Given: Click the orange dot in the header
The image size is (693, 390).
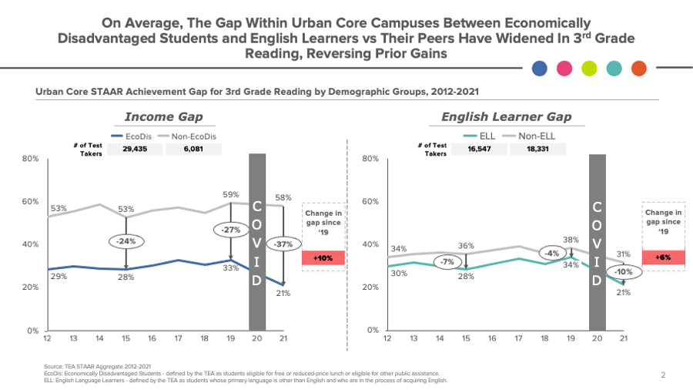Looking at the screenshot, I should (638, 69).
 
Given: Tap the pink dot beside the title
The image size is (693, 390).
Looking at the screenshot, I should (564, 69).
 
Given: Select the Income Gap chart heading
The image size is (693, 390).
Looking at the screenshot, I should (164, 117).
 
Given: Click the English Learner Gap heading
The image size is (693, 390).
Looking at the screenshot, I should (506, 117).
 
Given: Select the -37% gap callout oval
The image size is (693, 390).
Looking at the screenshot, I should (283, 244).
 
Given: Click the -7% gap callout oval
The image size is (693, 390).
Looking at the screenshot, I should (446, 262).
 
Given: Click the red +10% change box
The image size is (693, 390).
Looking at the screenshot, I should (323, 258).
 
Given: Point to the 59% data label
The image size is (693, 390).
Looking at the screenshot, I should (231, 194).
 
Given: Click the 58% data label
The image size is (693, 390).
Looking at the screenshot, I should (283, 198).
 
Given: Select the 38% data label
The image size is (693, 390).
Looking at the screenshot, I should (570, 240).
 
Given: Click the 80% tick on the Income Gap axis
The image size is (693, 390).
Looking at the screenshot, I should (30, 159).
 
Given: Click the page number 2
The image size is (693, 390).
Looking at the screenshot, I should (662, 375).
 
